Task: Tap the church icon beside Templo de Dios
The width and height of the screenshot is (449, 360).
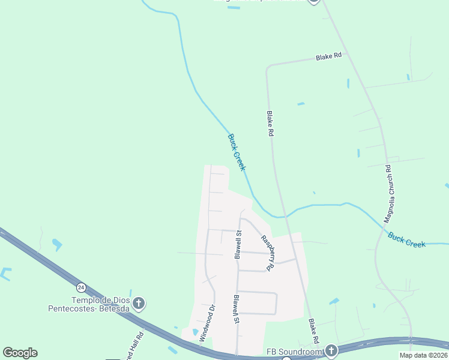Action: [139, 303]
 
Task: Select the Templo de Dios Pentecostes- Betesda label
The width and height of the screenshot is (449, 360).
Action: [88, 304]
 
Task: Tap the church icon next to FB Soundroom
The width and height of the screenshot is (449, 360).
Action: [331, 350]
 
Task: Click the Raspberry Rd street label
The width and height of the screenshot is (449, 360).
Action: [267, 253]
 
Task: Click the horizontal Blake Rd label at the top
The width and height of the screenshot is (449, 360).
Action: [328, 56]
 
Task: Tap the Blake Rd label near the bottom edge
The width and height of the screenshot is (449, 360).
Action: [313, 331]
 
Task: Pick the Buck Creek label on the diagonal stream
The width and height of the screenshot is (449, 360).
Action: [237, 152]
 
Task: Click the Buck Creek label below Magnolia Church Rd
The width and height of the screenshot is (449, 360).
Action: [406, 240]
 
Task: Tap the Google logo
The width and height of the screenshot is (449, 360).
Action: [20, 353]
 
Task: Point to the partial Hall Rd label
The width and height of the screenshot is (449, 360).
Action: [136, 344]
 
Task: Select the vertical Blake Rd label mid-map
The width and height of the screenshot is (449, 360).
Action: [270, 124]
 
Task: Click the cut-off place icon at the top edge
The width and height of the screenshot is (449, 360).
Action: [313, 2]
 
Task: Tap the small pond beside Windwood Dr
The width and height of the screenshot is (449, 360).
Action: [195, 332]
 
